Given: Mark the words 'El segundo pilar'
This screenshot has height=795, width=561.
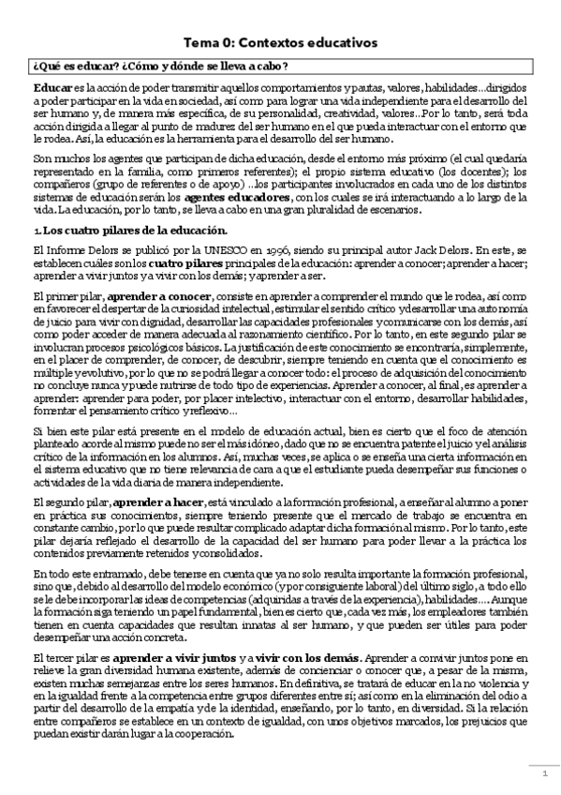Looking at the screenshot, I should click(x=68, y=504).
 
